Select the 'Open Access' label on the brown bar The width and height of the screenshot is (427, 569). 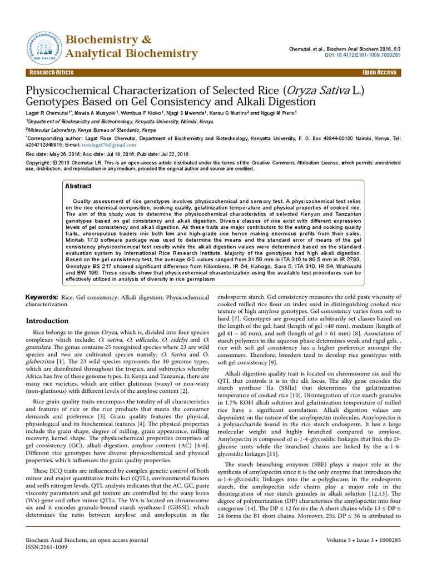point(380,73)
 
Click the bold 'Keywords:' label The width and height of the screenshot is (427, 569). point(42,298)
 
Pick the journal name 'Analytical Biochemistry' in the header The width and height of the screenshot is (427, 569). point(132,54)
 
